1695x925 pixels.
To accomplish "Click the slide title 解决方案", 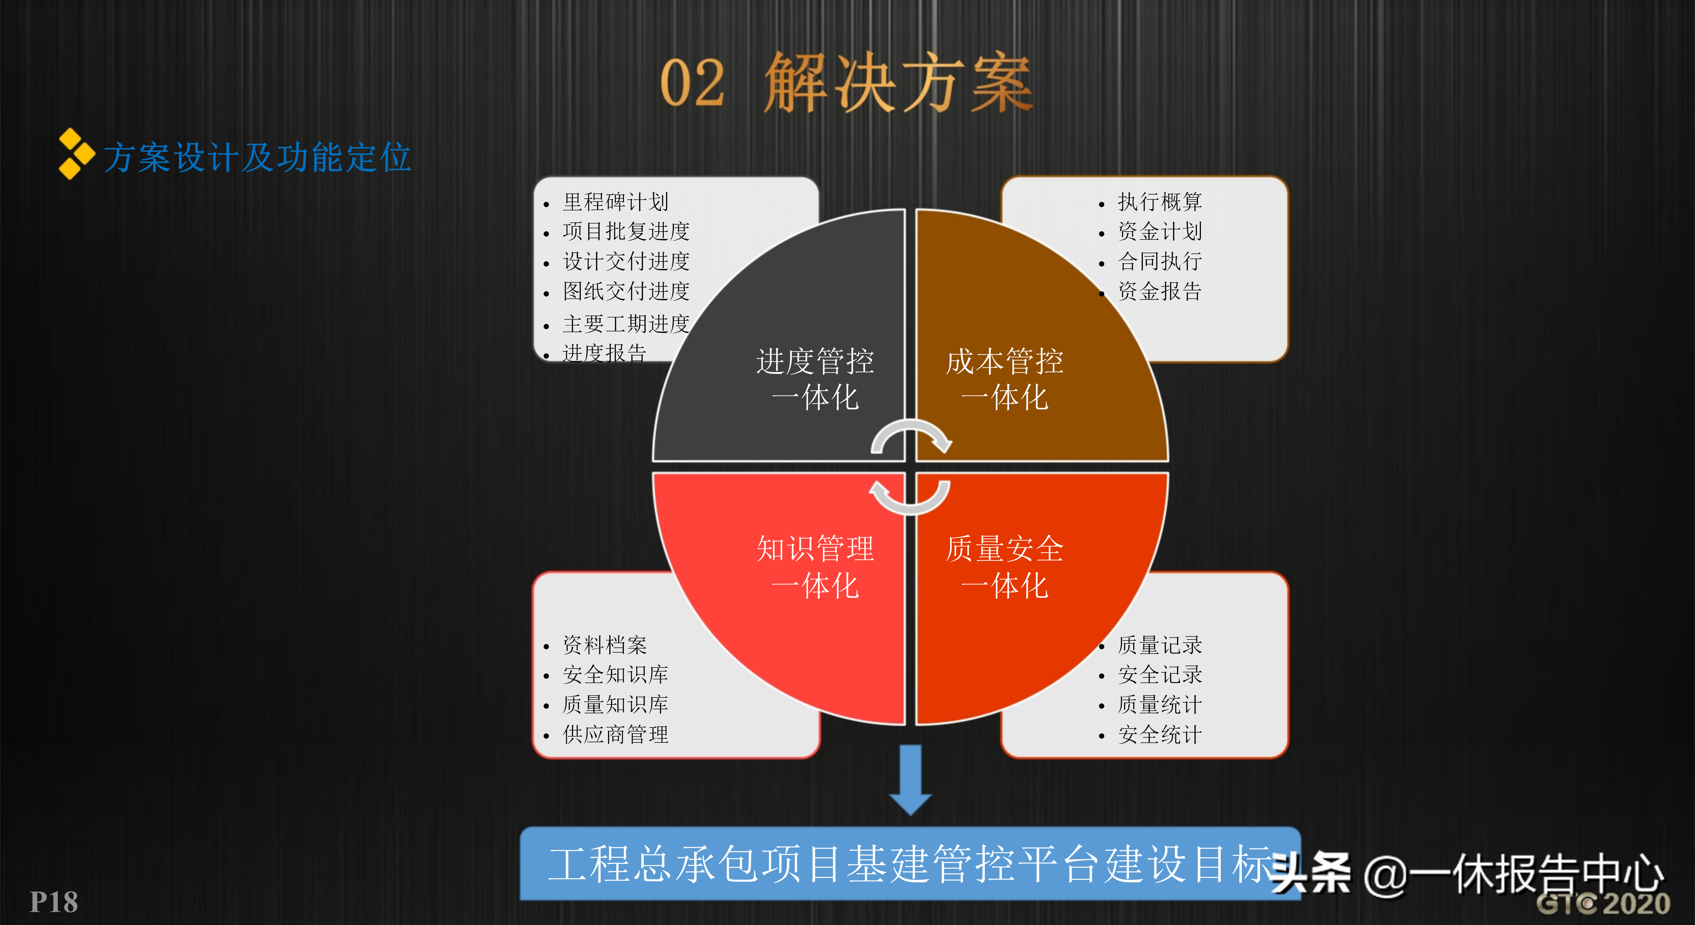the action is coord(898,82).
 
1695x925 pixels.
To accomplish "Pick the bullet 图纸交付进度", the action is coord(626,291).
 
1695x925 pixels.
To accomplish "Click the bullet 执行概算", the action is coord(1159,202).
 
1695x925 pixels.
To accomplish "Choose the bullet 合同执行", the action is coord(1159,261).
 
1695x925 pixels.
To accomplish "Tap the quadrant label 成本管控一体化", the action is coord(1004,379).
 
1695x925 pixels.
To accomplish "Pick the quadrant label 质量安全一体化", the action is coord(1004,567).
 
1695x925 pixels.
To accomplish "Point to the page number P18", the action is coord(54,902).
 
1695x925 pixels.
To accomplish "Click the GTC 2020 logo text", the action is coord(1603,903).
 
